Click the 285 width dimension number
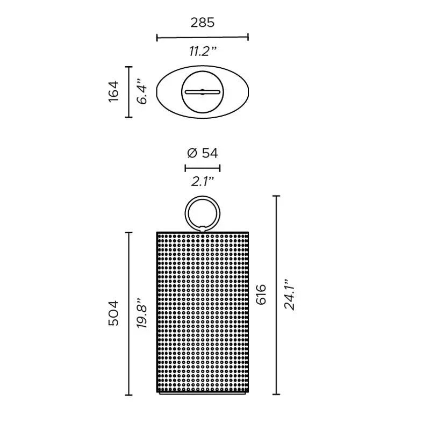click(x=203, y=23)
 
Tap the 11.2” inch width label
click(x=203, y=51)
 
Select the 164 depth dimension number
click(x=114, y=91)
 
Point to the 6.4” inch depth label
click(x=142, y=92)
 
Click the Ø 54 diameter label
click(x=203, y=153)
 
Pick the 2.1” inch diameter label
click(x=203, y=182)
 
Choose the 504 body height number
click(x=114, y=313)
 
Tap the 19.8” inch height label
click(x=142, y=313)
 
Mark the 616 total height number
click(x=261, y=295)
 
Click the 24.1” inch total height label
click(x=289, y=295)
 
